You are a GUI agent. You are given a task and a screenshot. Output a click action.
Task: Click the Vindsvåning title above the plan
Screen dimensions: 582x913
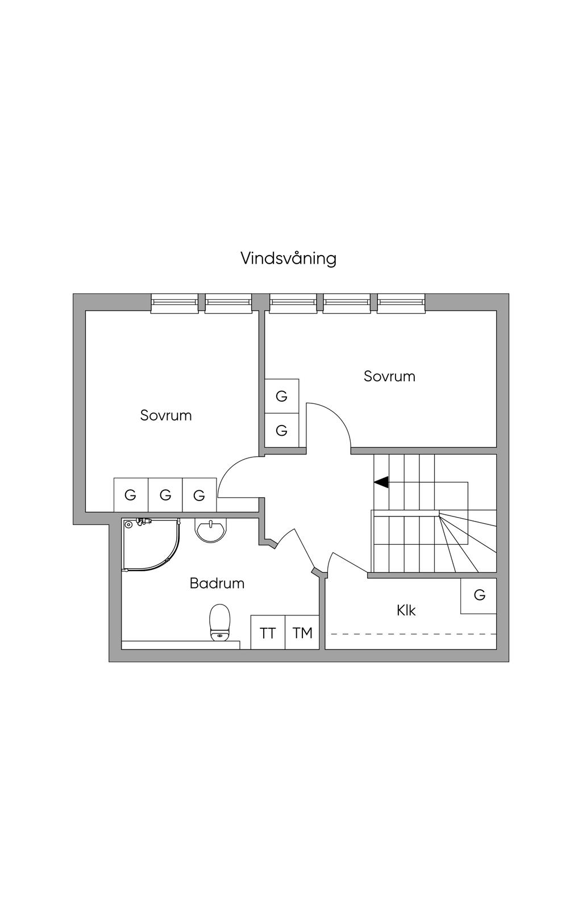point(288,259)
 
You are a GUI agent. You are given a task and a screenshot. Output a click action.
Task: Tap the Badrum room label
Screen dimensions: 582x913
point(217,583)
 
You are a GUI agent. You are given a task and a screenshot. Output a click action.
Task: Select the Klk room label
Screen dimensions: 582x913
point(406,610)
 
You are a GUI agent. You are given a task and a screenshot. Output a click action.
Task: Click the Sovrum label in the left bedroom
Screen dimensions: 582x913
point(166,415)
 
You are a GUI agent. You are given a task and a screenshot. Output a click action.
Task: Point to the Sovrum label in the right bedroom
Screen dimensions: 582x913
point(389,376)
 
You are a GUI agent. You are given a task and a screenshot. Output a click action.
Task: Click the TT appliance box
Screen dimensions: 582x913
point(268,632)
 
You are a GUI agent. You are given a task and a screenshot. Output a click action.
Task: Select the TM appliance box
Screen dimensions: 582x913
point(302,632)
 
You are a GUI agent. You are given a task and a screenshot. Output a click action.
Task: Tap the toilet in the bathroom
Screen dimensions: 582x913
point(220,623)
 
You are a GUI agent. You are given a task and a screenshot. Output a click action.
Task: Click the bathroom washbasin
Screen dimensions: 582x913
point(210,530)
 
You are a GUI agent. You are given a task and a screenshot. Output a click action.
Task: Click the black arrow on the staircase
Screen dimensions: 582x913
point(381,482)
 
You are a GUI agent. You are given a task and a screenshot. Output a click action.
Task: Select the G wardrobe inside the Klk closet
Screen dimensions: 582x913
point(479,595)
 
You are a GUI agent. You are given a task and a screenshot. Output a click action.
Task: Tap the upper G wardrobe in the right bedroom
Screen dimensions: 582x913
point(282,396)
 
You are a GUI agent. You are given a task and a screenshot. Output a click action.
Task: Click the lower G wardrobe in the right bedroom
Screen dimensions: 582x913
point(282,431)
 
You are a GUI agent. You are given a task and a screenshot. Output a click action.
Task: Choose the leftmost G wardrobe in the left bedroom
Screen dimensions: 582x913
point(131,495)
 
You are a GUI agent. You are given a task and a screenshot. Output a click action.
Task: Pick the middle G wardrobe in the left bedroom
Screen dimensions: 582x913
point(165,495)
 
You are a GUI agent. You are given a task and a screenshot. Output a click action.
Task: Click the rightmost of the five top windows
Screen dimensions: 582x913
point(401,303)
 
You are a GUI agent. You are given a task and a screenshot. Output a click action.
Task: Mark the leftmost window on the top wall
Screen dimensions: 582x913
point(174,303)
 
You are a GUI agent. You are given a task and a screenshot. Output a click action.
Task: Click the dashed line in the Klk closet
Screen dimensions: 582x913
point(414,634)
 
